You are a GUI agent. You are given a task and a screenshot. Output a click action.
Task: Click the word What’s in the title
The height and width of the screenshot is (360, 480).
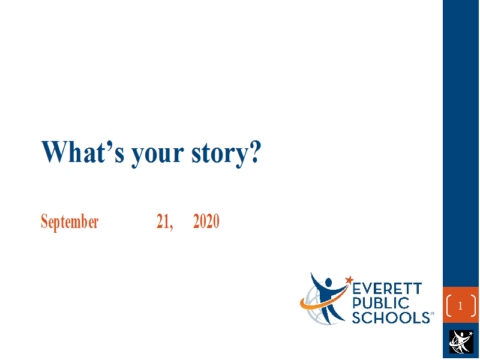pyautogui.click(x=83, y=152)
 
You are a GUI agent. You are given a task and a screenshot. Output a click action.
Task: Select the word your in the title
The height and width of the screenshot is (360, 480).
pyautogui.click(x=158, y=155)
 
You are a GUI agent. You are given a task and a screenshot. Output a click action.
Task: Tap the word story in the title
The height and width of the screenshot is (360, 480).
pyautogui.click(x=219, y=155)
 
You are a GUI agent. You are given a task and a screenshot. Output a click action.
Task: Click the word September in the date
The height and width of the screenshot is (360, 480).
pyautogui.click(x=70, y=221)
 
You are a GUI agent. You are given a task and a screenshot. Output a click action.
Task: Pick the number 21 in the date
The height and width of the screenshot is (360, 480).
pyautogui.click(x=163, y=221)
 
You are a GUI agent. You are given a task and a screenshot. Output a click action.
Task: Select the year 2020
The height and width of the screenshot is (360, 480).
pyautogui.click(x=206, y=221)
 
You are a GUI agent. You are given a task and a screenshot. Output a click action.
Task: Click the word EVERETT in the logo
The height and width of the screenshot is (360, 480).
pyautogui.click(x=388, y=289)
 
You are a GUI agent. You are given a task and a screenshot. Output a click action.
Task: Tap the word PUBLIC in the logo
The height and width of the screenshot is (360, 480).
pyautogui.click(x=381, y=303)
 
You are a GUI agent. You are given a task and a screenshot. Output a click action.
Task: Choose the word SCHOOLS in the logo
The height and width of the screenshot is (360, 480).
pyautogui.click(x=391, y=317)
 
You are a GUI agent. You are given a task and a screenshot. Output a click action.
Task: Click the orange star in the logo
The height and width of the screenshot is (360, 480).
pyautogui.click(x=349, y=280)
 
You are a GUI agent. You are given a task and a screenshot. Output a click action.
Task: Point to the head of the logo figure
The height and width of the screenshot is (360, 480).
pyautogui.click(x=328, y=282)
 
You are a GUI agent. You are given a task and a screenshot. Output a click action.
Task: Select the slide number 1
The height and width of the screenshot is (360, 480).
pyautogui.click(x=460, y=305)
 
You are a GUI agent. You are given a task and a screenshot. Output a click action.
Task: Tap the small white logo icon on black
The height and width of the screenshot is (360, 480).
pyautogui.click(x=461, y=341)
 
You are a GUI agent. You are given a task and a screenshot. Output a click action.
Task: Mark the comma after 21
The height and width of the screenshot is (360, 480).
pyautogui.click(x=171, y=227)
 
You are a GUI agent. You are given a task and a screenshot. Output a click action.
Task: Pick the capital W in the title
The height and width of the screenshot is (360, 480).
pyautogui.click(x=55, y=152)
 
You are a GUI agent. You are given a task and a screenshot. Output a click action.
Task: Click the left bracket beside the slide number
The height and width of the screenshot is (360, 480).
pyautogui.click(x=448, y=305)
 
